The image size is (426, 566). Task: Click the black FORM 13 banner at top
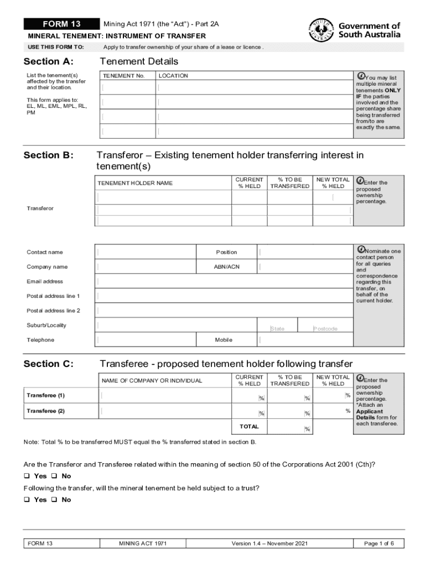coord(61,24)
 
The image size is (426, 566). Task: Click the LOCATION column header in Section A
coord(173,76)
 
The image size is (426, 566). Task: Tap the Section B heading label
coord(48,155)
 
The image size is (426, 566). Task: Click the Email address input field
coord(224,281)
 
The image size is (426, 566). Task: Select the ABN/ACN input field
coord(304,266)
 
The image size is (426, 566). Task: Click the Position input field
coord(304,252)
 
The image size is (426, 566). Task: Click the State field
coord(282,326)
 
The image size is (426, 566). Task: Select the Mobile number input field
coord(304,339)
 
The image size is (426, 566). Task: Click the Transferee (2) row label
coord(46,411)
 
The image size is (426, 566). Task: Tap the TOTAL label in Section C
coord(249,427)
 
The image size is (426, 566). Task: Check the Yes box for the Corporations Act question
coord(27,476)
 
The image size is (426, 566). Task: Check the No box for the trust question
coord(54,500)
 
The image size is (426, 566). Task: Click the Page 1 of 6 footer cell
coord(378,543)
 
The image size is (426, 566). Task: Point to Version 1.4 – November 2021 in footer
coord(269,543)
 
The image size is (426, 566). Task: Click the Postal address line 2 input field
coord(224,311)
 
